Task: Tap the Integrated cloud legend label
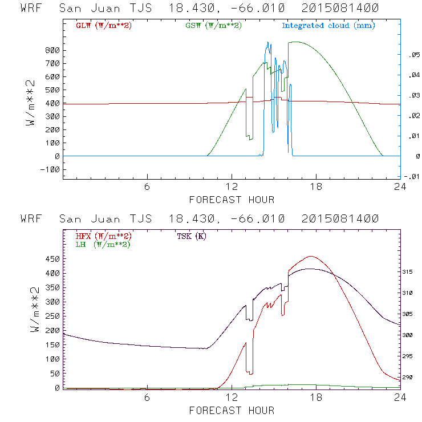pyautogui.click(x=328, y=26)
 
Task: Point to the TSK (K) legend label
pyautogui.click(x=192, y=236)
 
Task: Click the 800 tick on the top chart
pyautogui.click(x=53, y=50)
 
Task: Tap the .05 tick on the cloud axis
pyautogui.click(x=409, y=55)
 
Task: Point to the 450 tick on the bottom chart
pyautogui.click(x=53, y=258)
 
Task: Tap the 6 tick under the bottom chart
pyautogui.click(x=147, y=398)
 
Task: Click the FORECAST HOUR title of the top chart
pyautogui.click(x=232, y=200)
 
